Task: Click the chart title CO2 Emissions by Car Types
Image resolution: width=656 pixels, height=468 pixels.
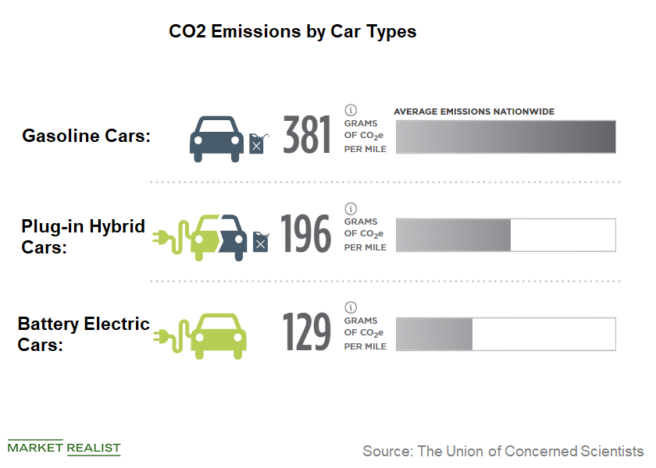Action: [293, 32]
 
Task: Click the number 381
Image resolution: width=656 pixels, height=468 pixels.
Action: [306, 136]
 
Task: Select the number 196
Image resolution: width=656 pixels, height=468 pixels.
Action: [306, 234]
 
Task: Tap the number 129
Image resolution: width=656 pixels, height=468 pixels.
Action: [306, 333]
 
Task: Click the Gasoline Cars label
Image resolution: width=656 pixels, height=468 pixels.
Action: [86, 136]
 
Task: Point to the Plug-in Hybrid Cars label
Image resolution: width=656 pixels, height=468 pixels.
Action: [83, 236]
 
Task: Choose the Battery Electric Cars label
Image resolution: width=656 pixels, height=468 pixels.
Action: [83, 334]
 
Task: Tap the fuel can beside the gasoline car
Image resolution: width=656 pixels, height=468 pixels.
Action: [257, 144]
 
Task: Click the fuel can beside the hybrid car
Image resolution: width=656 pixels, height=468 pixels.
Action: [260, 242]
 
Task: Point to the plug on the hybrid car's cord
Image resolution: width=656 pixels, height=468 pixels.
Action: [160, 236]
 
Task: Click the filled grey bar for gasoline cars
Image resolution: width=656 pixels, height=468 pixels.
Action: [506, 136]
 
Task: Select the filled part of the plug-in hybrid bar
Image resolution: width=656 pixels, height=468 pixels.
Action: [454, 235]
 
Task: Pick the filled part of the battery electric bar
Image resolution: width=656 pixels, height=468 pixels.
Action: [435, 334]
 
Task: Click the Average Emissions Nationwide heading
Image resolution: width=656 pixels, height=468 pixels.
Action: [474, 112]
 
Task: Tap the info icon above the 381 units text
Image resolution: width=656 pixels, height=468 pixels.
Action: [351, 110]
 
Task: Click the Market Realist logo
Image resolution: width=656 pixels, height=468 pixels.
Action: [64, 447]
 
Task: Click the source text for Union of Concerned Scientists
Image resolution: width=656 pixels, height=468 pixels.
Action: [503, 451]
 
